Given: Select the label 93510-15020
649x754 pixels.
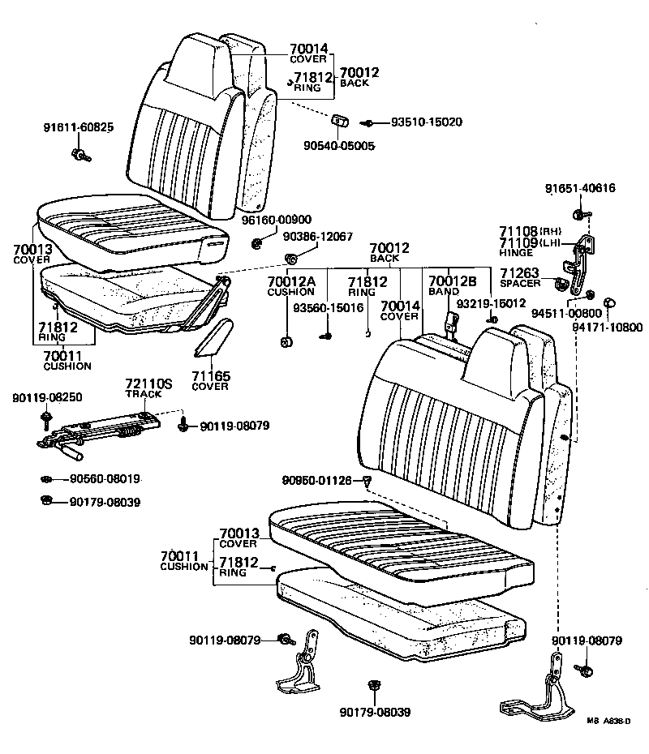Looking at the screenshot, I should tap(427, 122).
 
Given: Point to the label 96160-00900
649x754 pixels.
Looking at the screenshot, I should tap(276, 220).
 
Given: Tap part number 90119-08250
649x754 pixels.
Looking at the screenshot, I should tap(47, 397).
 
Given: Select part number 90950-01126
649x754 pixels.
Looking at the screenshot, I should tap(317, 481).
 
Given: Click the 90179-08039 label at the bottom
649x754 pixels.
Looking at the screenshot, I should tap(376, 713).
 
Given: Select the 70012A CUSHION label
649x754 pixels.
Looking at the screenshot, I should tap(290, 285).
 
